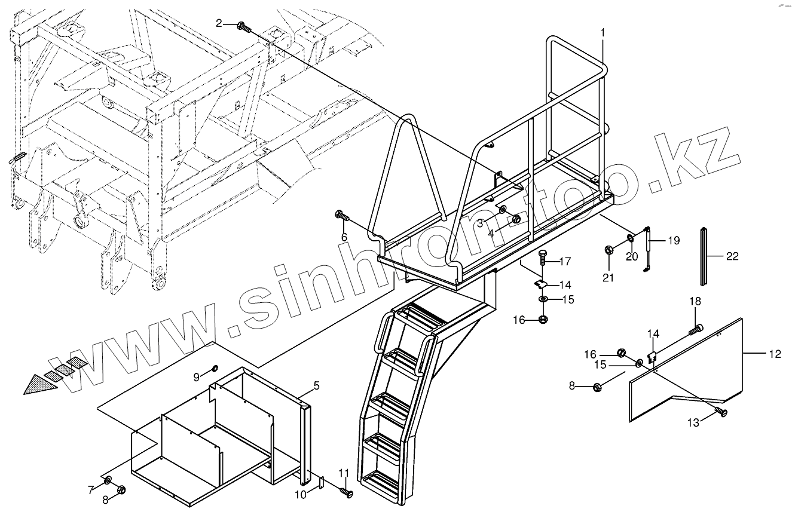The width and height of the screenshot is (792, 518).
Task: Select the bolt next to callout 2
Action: click(243, 26)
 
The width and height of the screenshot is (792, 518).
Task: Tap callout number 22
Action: click(732, 256)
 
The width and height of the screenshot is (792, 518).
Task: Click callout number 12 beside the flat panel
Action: click(774, 354)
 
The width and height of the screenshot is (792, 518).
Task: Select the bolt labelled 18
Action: click(696, 328)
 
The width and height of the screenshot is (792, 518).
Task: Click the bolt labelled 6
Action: click(342, 216)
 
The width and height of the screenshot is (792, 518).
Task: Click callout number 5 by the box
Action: click(316, 386)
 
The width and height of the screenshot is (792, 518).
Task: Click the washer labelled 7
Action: click(108, 481)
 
